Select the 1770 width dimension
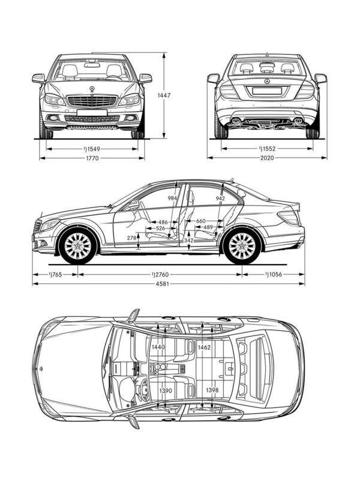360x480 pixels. (92, 158)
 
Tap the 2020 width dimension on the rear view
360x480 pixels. (267, 158)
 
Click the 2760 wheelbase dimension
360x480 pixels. (161, 274)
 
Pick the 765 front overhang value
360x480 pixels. (56, 274)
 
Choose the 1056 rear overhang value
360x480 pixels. (274, 274)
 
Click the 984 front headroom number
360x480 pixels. (173, 198)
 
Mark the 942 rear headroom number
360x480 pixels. (220, 198)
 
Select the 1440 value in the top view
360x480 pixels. (158, 347)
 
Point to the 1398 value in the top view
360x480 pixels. (211, 391)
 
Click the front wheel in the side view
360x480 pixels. (77, 245)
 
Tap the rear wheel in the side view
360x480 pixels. (241, 245)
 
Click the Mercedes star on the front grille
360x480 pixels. (92, 89)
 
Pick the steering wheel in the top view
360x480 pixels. (137, 389)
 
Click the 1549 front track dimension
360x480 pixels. (92, 148)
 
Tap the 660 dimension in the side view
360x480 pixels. (201, 221)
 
